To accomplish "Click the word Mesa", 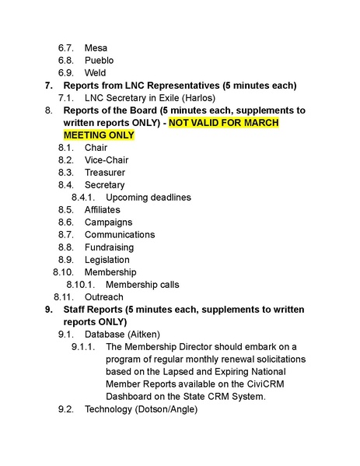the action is [x=96, y=47].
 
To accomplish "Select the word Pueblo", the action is [x=99, y=60].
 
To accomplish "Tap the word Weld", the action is [x=96, y=72].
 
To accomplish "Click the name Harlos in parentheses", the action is [x=197, y=97].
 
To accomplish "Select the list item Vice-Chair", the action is [x=107, y=160].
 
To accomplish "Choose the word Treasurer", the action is [x=105, y=173].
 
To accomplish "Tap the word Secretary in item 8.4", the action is [x=104, y=185].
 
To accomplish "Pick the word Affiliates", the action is [x=103, y=210].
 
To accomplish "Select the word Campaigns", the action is [x=108, y=222].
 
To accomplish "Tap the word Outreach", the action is [x=103, y=297].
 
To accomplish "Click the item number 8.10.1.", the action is [x=80, y=285].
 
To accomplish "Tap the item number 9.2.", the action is [x=66, y=409].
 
